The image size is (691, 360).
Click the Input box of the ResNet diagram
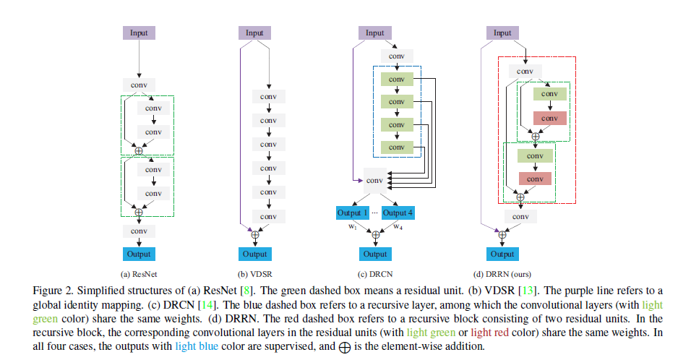[139, 33]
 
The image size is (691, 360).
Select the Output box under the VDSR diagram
[254, 254]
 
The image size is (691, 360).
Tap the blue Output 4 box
[398, 213]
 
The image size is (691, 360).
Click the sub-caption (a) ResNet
[139, 274]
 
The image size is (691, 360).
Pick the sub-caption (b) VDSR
[254, 274]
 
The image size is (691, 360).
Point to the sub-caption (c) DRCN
[375, 274]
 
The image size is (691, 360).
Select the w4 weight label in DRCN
[398, 226]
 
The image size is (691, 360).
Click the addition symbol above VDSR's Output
[254, 234]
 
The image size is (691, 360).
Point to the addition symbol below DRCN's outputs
[375, 234]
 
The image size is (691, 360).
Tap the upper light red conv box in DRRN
[549, 118]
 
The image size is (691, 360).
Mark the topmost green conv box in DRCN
[396, 79]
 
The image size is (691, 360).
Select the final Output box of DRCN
[375, 254]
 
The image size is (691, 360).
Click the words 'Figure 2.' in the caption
[53, 290]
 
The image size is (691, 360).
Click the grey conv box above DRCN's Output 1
[375, 180]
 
